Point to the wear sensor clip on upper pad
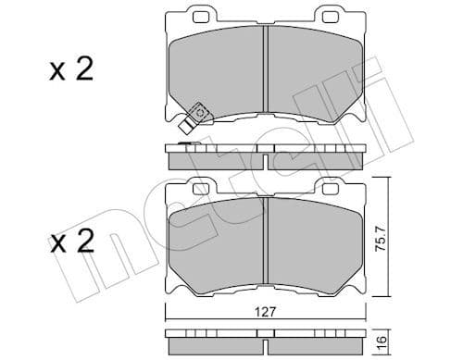194,115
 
